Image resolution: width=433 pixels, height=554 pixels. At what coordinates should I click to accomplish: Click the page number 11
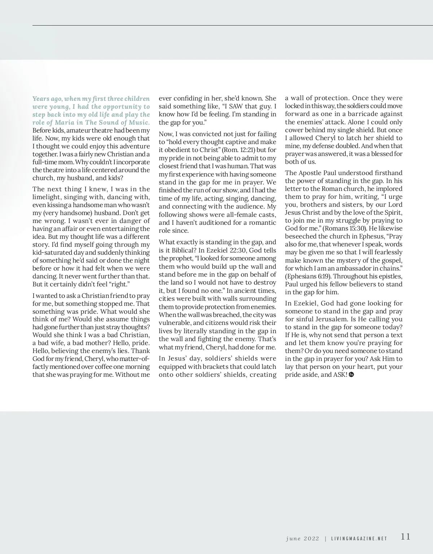click(406, 537)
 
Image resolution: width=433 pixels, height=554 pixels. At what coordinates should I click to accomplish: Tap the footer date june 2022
click(302, 539)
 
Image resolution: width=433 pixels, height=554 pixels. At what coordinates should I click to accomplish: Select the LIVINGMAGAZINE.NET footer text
click(359, 539)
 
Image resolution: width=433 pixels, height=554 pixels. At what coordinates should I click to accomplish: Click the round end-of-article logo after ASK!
click(352, 375)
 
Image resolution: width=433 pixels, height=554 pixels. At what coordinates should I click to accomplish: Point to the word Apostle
click(309, 173)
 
